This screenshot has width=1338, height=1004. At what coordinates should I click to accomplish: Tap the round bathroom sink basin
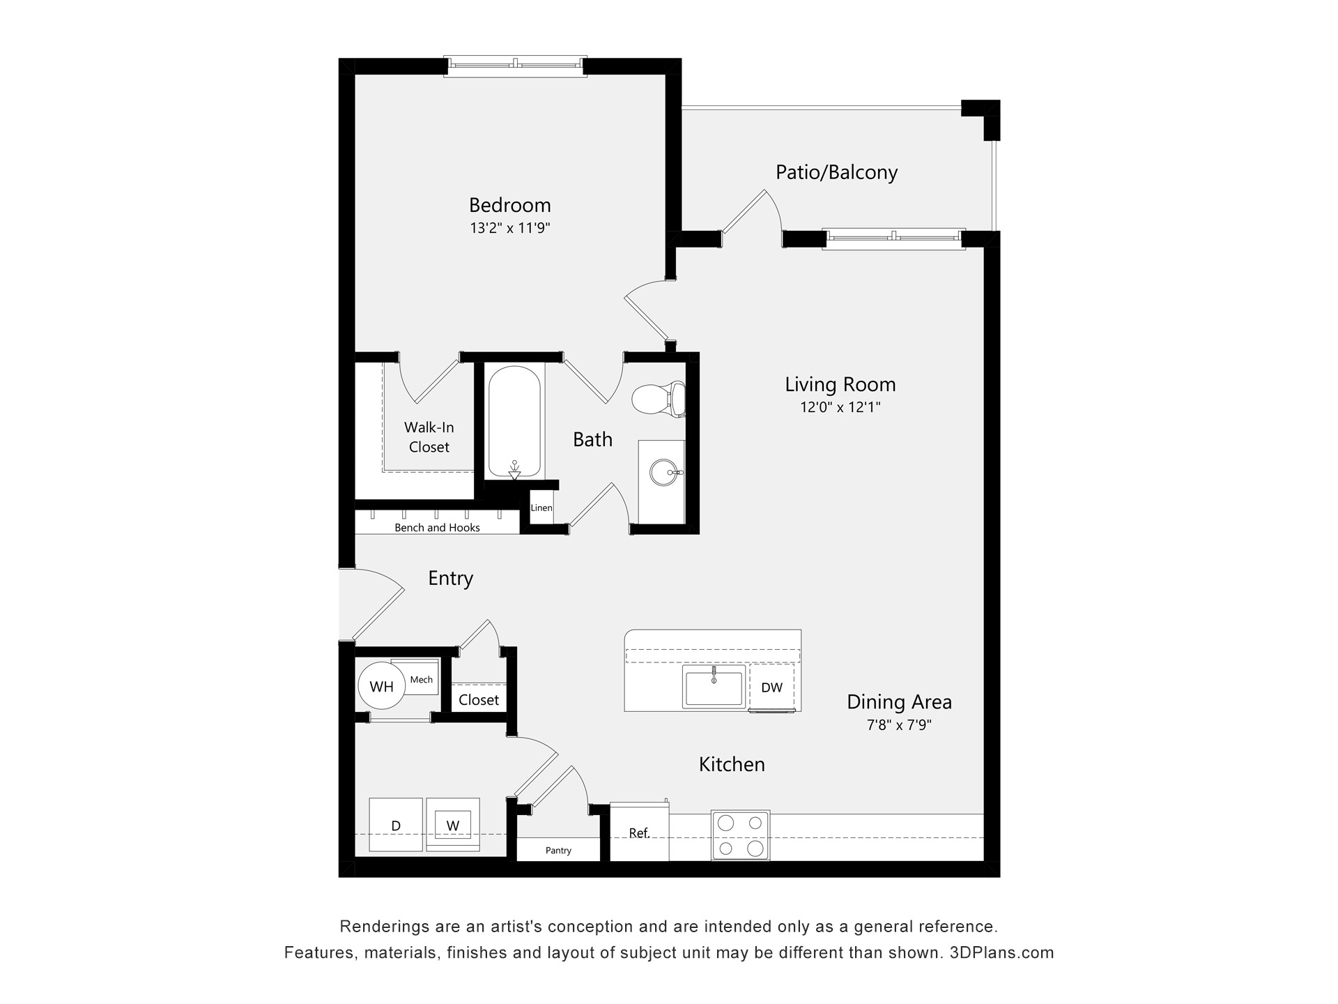pos(663,473)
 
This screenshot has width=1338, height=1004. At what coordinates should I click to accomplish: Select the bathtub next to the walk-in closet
pos(514,423)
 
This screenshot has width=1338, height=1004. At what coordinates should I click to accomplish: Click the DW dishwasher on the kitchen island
pos(771,687)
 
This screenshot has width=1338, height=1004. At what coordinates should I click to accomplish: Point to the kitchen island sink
pos(714,687)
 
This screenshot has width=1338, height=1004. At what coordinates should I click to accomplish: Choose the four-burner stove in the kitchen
pos(740,835)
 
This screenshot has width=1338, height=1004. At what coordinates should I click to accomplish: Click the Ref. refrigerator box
pos(639,832)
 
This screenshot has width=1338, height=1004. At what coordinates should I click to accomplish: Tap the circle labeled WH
pos(381,687)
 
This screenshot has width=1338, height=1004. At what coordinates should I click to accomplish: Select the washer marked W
pos(453,826)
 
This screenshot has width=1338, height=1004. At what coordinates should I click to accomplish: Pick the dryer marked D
pos(396,826)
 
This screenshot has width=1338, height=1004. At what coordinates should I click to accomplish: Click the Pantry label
pos(558,851)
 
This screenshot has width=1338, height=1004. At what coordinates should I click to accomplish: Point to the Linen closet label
pos(541,508)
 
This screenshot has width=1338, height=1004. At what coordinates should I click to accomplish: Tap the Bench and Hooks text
pos(437,528)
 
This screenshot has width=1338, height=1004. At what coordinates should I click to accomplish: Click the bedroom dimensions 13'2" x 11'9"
pos(510,228)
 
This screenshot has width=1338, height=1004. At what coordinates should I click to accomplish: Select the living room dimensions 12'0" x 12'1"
pos(840,407)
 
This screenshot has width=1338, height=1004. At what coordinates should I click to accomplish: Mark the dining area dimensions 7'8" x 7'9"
pos(899,725)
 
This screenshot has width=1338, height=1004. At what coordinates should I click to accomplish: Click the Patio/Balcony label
pos(836,172)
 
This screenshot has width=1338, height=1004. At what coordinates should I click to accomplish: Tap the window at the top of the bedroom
pos(514,65)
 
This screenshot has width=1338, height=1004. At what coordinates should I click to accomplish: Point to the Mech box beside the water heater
pos(421,680)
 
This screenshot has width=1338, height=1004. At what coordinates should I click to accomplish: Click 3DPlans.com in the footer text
pos(1001,952)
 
